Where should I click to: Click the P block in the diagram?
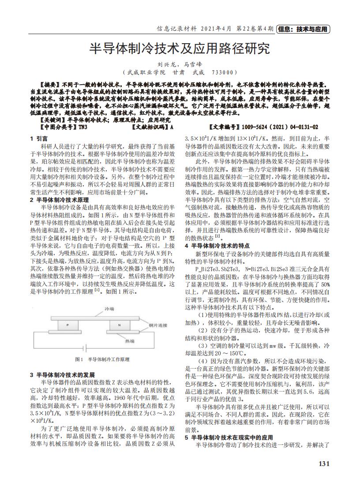point(67,325)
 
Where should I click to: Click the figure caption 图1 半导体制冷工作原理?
point(102,359)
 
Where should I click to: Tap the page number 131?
point(324,463)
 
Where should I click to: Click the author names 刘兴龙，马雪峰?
point(180,64)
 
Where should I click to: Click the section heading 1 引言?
point(39,138)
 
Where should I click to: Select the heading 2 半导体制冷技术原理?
point(59,200)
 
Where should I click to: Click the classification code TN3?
point(82,127)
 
